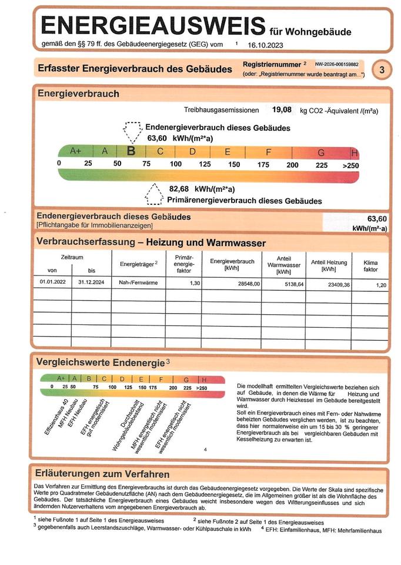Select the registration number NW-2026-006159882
point(337,64)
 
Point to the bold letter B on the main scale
point(132,151)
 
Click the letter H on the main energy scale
point(354,152)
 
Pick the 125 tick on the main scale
point(205,164)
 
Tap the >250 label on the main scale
point(350,165)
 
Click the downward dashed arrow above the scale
point(132,132)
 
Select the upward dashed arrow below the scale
point(154,193)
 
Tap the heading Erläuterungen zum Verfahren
point(103,474)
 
